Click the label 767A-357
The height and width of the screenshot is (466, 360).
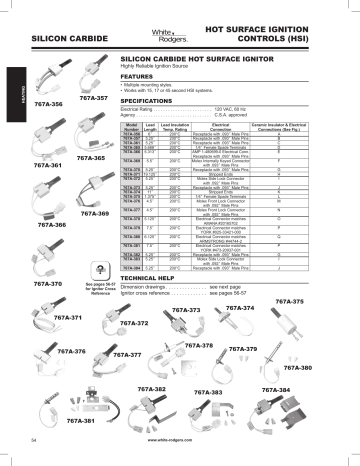click(93, 99)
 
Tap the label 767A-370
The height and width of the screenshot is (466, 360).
click(34, 256)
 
